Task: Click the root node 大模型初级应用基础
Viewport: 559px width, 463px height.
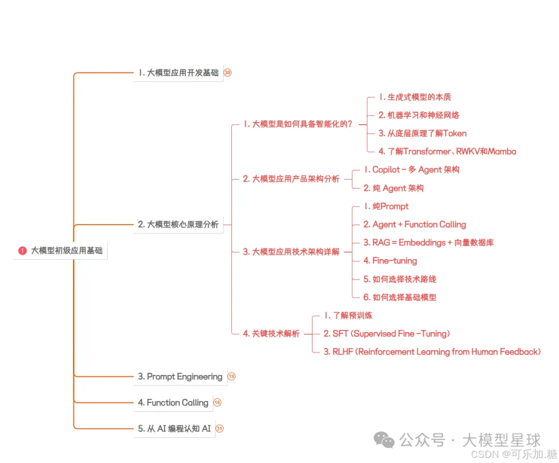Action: pos(66,251)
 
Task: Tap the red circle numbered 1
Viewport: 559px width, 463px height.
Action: pos(22,251)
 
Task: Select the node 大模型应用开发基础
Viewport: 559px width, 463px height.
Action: pos(178,73)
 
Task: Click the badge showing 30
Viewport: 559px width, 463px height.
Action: pos(228,73)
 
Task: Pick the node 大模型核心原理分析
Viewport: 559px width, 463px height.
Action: pos(178,225)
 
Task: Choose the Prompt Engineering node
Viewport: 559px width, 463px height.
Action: pos(180,377)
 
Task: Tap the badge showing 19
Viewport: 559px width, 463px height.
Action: pos(231,377)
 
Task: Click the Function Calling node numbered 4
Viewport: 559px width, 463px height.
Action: pos(173,402)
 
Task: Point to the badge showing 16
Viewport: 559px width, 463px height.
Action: pos(217,402)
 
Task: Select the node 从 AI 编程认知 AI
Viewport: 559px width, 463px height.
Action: pos(174,428)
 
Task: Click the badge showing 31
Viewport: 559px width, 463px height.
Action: pos(219,428)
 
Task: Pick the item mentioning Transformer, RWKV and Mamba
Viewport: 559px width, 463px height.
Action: pos(447,152)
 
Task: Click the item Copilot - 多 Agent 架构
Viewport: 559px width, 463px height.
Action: pos(411,170)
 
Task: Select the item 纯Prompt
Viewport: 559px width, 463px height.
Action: pos(386,206)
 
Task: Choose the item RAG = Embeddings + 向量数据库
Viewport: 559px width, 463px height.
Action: pos(428,243)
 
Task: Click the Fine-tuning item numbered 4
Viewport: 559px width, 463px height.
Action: pos(390,261)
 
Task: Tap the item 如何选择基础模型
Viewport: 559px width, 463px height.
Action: pos(400,297)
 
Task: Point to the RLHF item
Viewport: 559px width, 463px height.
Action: pos(432,352)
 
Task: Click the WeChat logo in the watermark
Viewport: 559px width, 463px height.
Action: pos(384,440)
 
